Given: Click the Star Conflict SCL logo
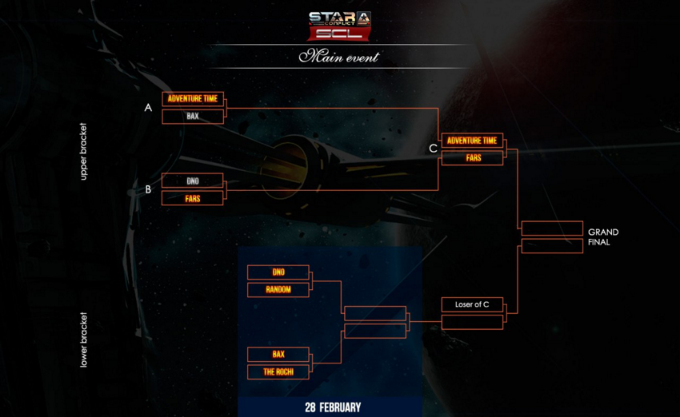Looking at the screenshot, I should (x=339, y=25).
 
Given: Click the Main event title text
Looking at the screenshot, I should (x=339, y=57).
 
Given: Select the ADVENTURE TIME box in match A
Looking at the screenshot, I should (x=193, y=98).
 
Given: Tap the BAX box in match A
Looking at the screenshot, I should (x=193, y=117).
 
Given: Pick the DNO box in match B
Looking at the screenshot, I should (x=193, y=181).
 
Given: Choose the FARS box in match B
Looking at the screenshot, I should (x=193, y=198).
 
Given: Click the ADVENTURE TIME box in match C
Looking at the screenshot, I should (x=472, y=141).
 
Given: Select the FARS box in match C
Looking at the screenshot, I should (x=472, y=158).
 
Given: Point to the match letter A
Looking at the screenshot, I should (x=148, y=107).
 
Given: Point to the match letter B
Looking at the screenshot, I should (x=148, y=189).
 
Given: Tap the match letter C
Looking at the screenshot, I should (x=433, y=149).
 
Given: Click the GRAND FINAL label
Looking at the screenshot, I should (x=603, y=237).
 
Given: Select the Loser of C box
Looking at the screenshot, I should (x=472, y=304).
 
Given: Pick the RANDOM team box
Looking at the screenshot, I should (x=278, y=290).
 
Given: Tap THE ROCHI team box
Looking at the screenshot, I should (x=278, y=372).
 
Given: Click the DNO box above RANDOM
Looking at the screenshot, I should (x=278, y=272).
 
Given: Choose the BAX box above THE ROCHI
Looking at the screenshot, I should (x=278, y=354).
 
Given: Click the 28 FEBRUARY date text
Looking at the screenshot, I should (x=333, y=407).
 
